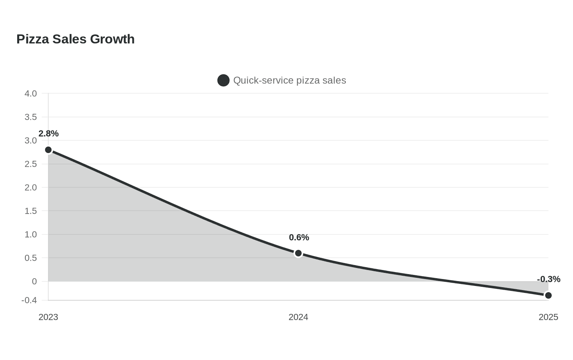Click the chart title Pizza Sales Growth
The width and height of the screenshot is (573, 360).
[x=75, y=39]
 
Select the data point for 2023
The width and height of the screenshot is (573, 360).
[x=48, y=150]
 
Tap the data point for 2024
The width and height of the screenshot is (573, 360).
[x=298, y=253]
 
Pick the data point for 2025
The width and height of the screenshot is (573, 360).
[x=548, y=295]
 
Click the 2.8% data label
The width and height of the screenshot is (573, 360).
[x=49, y=133]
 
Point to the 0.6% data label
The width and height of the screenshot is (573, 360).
[x=299, y=238]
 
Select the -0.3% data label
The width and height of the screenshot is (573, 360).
[x=549, y=279]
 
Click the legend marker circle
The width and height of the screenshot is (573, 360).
[x=223, y=81]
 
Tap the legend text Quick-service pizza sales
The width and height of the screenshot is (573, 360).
[x=290, y=81]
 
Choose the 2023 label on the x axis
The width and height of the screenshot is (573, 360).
[x=48, y=317]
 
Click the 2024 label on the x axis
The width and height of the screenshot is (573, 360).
[x=298, y=317]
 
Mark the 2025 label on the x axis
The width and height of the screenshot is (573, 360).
[x=548, y=317]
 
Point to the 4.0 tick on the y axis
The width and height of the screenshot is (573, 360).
[x=31, y=94]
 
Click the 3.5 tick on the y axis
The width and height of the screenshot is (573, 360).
[x=31, y=117]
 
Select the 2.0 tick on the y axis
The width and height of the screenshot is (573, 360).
[x=31, y=188]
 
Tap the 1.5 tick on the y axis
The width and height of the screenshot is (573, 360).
[x=31, y=211]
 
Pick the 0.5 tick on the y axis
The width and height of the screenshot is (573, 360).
[x=31, y=258]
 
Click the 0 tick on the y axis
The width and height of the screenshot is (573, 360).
[x=34, y=281]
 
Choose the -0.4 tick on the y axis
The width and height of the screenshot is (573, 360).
[x=29, y=300]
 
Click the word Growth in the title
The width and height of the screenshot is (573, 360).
[x=112, y=39]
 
